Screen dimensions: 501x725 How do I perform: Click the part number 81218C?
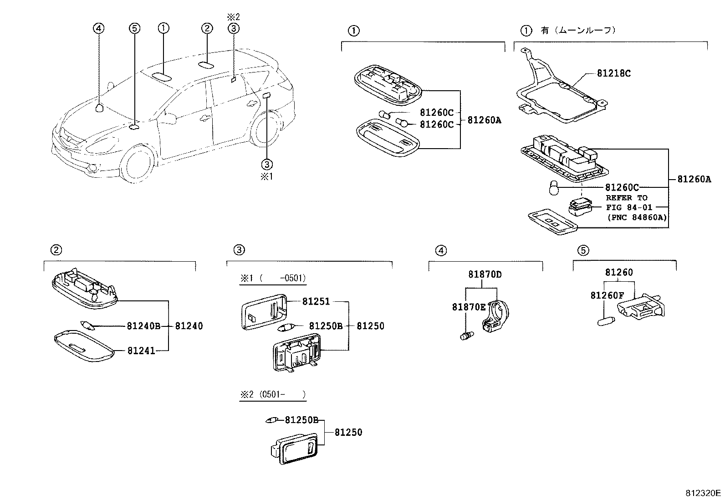(613, 73)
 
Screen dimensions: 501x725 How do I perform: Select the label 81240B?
(143, 326)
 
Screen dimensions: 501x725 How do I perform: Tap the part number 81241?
(141, 351)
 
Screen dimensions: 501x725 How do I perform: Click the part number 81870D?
(485, 274)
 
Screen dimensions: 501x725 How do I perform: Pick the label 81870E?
(469, 307)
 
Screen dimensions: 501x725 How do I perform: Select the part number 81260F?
(607, 295)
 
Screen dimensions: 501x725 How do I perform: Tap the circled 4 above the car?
(98, 28)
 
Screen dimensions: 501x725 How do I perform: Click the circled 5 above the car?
(133, 28)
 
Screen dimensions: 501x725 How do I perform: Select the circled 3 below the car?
(267, 163)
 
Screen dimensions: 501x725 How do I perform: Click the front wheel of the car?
(137, 165)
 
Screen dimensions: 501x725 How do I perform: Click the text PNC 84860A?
(637, 217)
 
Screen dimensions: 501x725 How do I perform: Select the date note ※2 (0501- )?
(272, 395)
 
